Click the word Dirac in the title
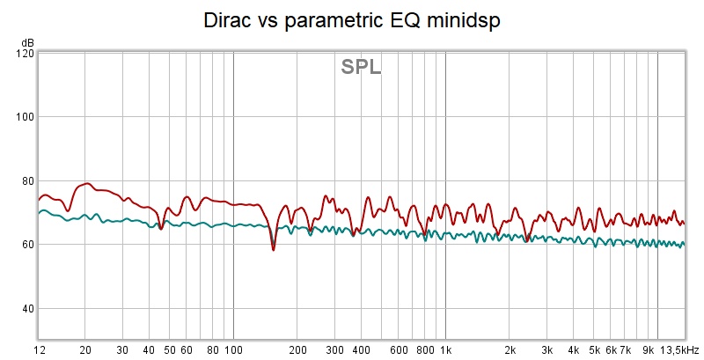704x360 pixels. (228, 20)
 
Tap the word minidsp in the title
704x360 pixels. (463, 20)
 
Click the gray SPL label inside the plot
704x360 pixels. (361, 67)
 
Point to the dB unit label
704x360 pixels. (28, 42)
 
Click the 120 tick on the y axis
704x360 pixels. (24, 53)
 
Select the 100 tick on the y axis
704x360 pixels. (24, 117)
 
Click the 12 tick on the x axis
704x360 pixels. (40, 349)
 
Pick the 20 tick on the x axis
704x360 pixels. (85, 349)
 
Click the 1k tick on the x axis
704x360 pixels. (445, 349)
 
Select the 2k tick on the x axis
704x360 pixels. (510, 349)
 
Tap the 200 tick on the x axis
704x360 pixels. (297, 349)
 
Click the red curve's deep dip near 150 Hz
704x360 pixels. (273, 249)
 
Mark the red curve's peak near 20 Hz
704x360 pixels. (86, 183)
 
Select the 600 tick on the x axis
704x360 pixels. (398, 349)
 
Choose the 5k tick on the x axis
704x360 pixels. (594, 349)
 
